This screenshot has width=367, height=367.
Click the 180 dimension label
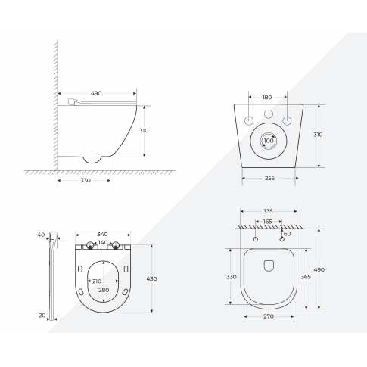[x=268, y=97]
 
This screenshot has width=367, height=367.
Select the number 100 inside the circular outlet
[x=268, y=140]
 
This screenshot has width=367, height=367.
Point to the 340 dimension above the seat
[x=103, y=234]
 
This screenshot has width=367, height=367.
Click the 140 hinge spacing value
[x=103, y=243]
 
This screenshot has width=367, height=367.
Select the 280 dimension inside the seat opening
[x=103, y=290]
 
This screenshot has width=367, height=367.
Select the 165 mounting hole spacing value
[x=267, y=222]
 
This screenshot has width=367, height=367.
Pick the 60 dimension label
[x=287, y=234]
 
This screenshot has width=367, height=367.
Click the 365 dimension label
[x=306, y=277]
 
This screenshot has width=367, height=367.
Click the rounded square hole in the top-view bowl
[x=268, y=266]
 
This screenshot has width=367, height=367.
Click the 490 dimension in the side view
[x=97, y=93]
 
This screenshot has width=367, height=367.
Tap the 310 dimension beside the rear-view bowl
[x=318, y=135]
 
